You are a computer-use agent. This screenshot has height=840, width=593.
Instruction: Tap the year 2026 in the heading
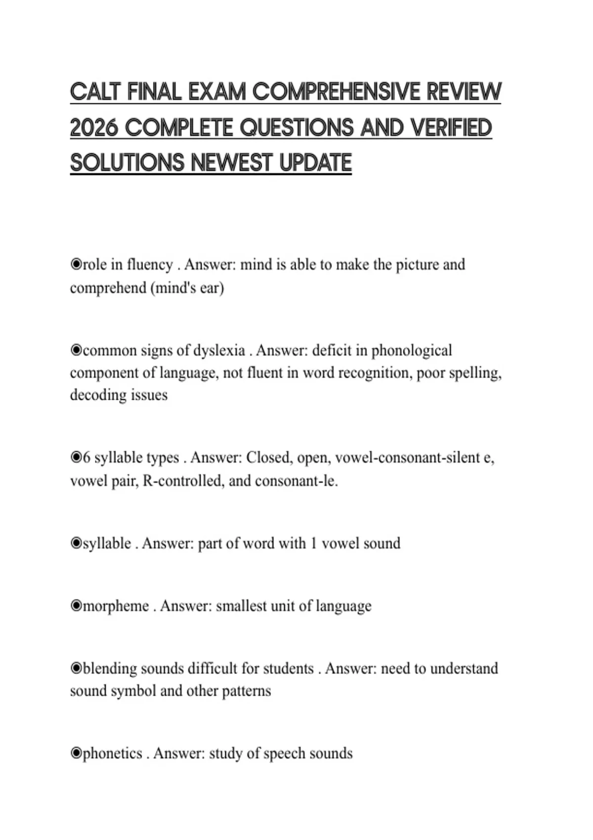(x=94, y=128)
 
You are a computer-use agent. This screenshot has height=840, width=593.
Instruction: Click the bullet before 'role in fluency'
(x=76, y=264)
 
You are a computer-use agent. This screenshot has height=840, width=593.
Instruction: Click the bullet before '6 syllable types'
(x=76, y=458)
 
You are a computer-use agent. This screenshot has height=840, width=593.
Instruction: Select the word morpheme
(x=116, y=606)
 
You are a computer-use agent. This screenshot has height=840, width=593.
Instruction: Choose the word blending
(x=108, y=669)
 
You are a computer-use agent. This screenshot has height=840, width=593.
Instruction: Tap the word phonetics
(x=113, y=754)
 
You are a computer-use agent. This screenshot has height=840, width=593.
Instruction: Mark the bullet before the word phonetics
(x=76, y=754)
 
